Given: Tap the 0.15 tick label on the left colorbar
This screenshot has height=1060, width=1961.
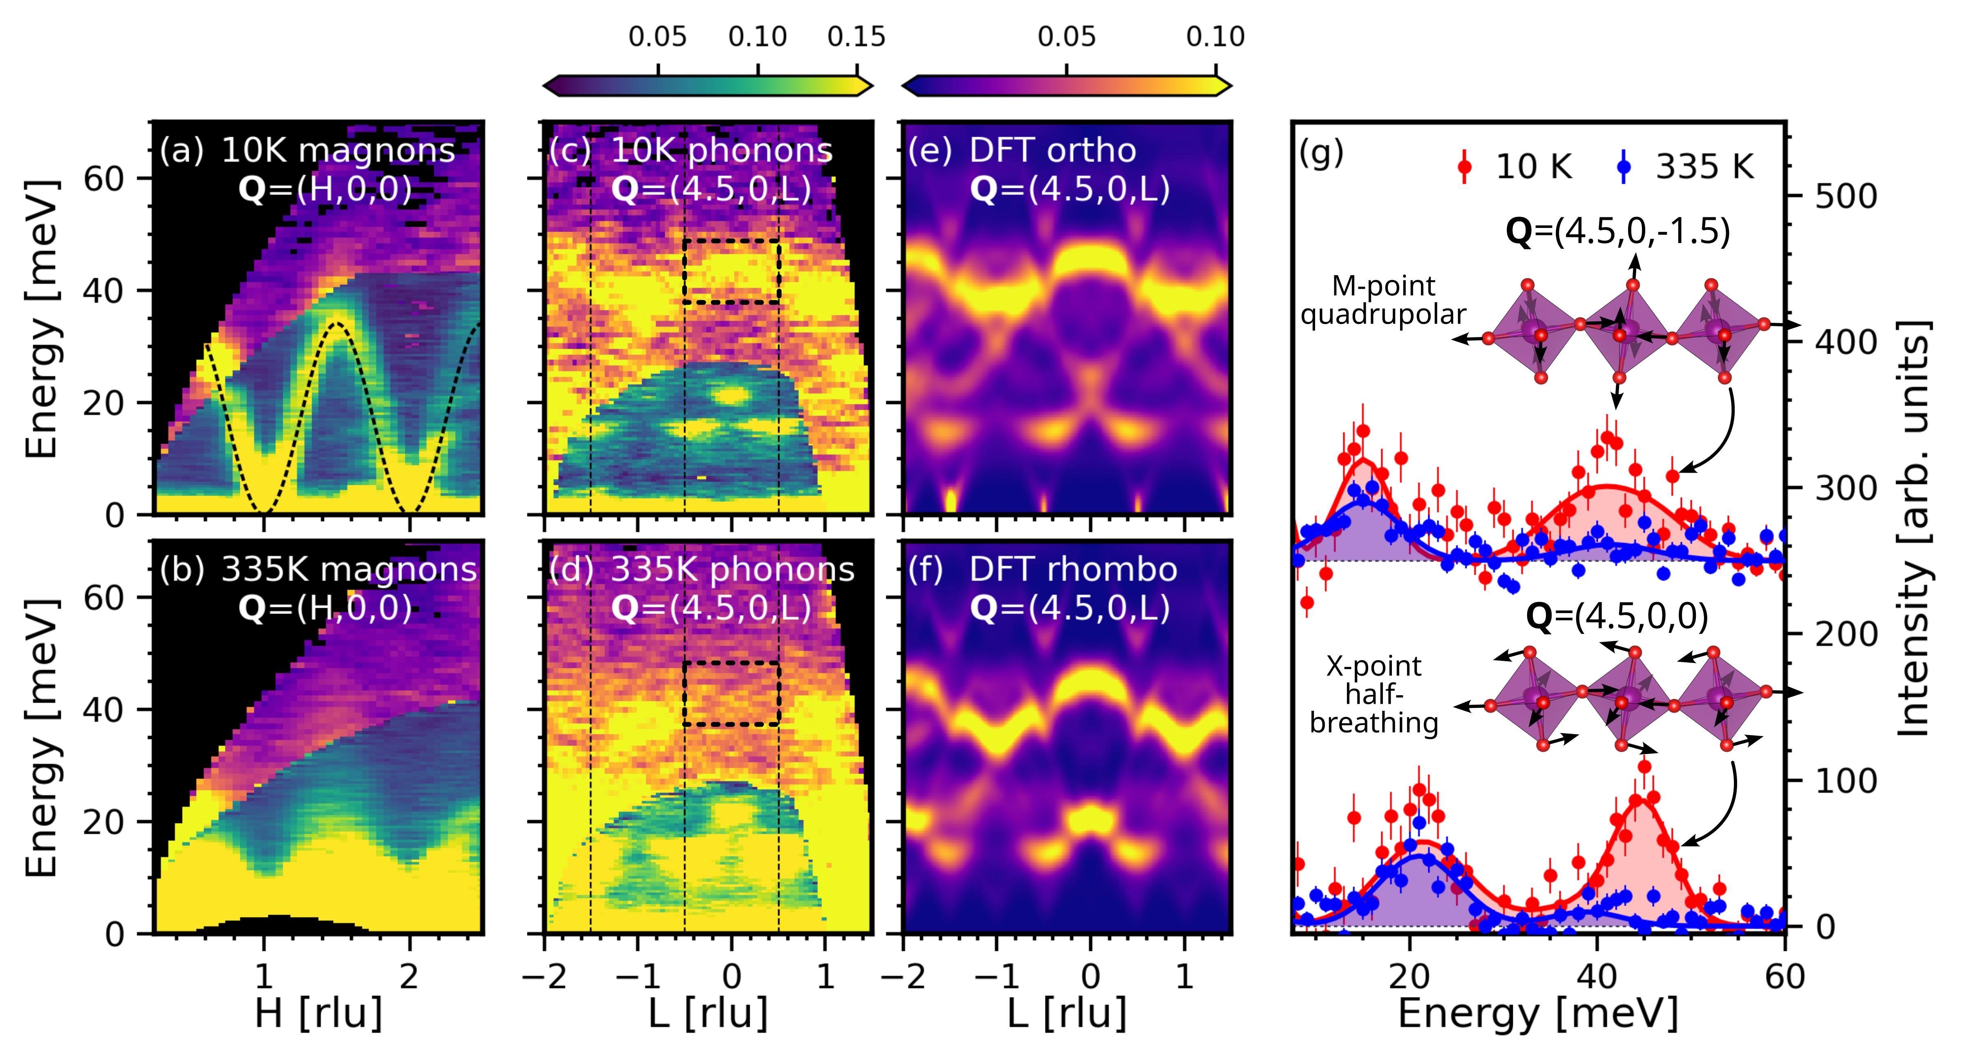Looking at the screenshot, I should click(856, 36).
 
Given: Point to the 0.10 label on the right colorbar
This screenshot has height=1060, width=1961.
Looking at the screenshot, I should click(1215, 36).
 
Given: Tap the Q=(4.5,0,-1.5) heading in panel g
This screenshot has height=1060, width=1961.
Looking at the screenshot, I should click(1618, 230).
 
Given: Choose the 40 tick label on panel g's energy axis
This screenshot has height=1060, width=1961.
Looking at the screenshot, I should click(1596, 976).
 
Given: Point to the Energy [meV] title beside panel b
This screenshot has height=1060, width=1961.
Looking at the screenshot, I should click(42, 736).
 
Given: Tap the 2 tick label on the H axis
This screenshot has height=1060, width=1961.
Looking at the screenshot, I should click(409, 976).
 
